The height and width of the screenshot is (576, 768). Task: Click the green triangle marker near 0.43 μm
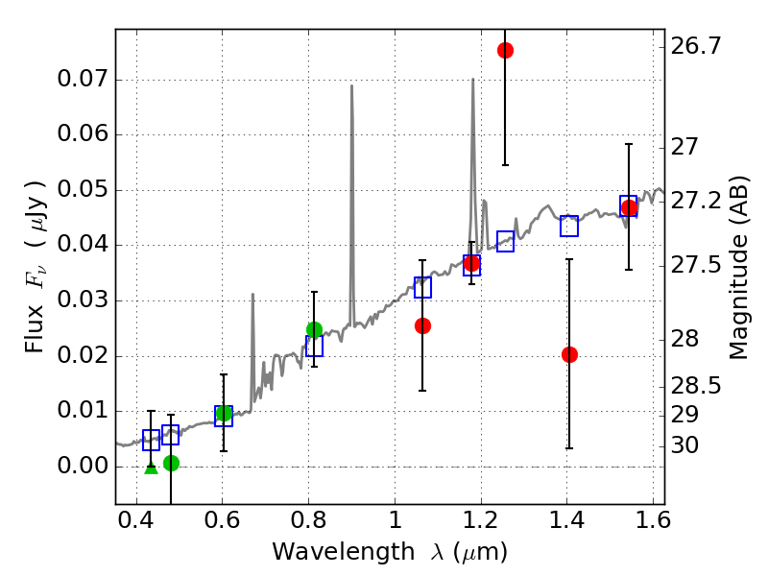click(151, 467)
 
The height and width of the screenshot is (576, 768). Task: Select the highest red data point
click(505, 50)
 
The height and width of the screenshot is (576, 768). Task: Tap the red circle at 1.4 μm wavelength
click(569, 354)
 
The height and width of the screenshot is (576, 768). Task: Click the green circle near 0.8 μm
click(314, 329)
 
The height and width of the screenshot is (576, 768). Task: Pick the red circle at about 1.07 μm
click(422, 325)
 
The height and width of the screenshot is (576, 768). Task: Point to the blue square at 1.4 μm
click(569, 226)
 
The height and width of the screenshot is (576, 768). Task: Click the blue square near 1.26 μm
click(505, 241)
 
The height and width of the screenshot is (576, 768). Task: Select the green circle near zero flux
click(171, 463)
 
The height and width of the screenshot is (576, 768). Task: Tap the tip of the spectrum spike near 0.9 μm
click(351, 86)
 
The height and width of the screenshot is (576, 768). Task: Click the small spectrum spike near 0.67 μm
click(252, 295)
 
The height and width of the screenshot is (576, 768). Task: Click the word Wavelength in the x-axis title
click(330, 552)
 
